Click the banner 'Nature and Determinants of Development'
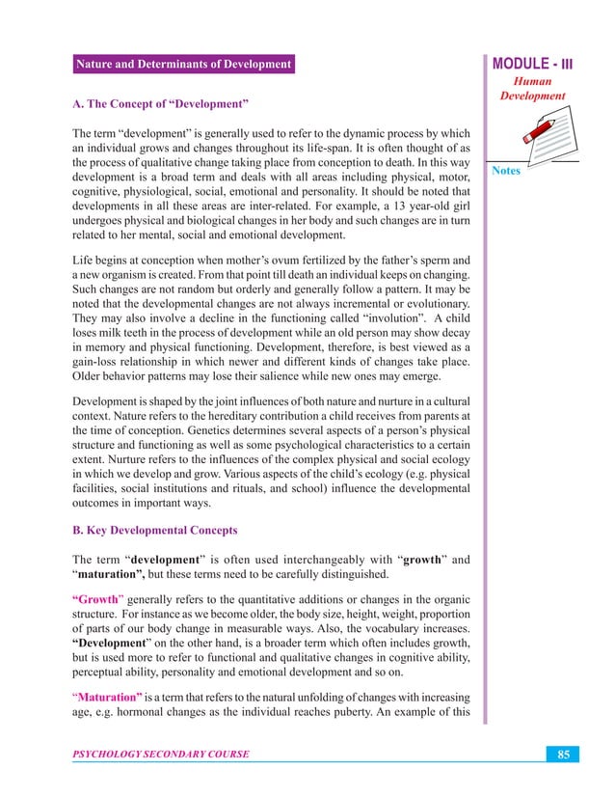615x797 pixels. [183, 65]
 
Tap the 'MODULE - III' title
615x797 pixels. [533, 65]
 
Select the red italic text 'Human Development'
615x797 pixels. [532, 90]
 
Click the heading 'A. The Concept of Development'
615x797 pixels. [162, 101]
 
